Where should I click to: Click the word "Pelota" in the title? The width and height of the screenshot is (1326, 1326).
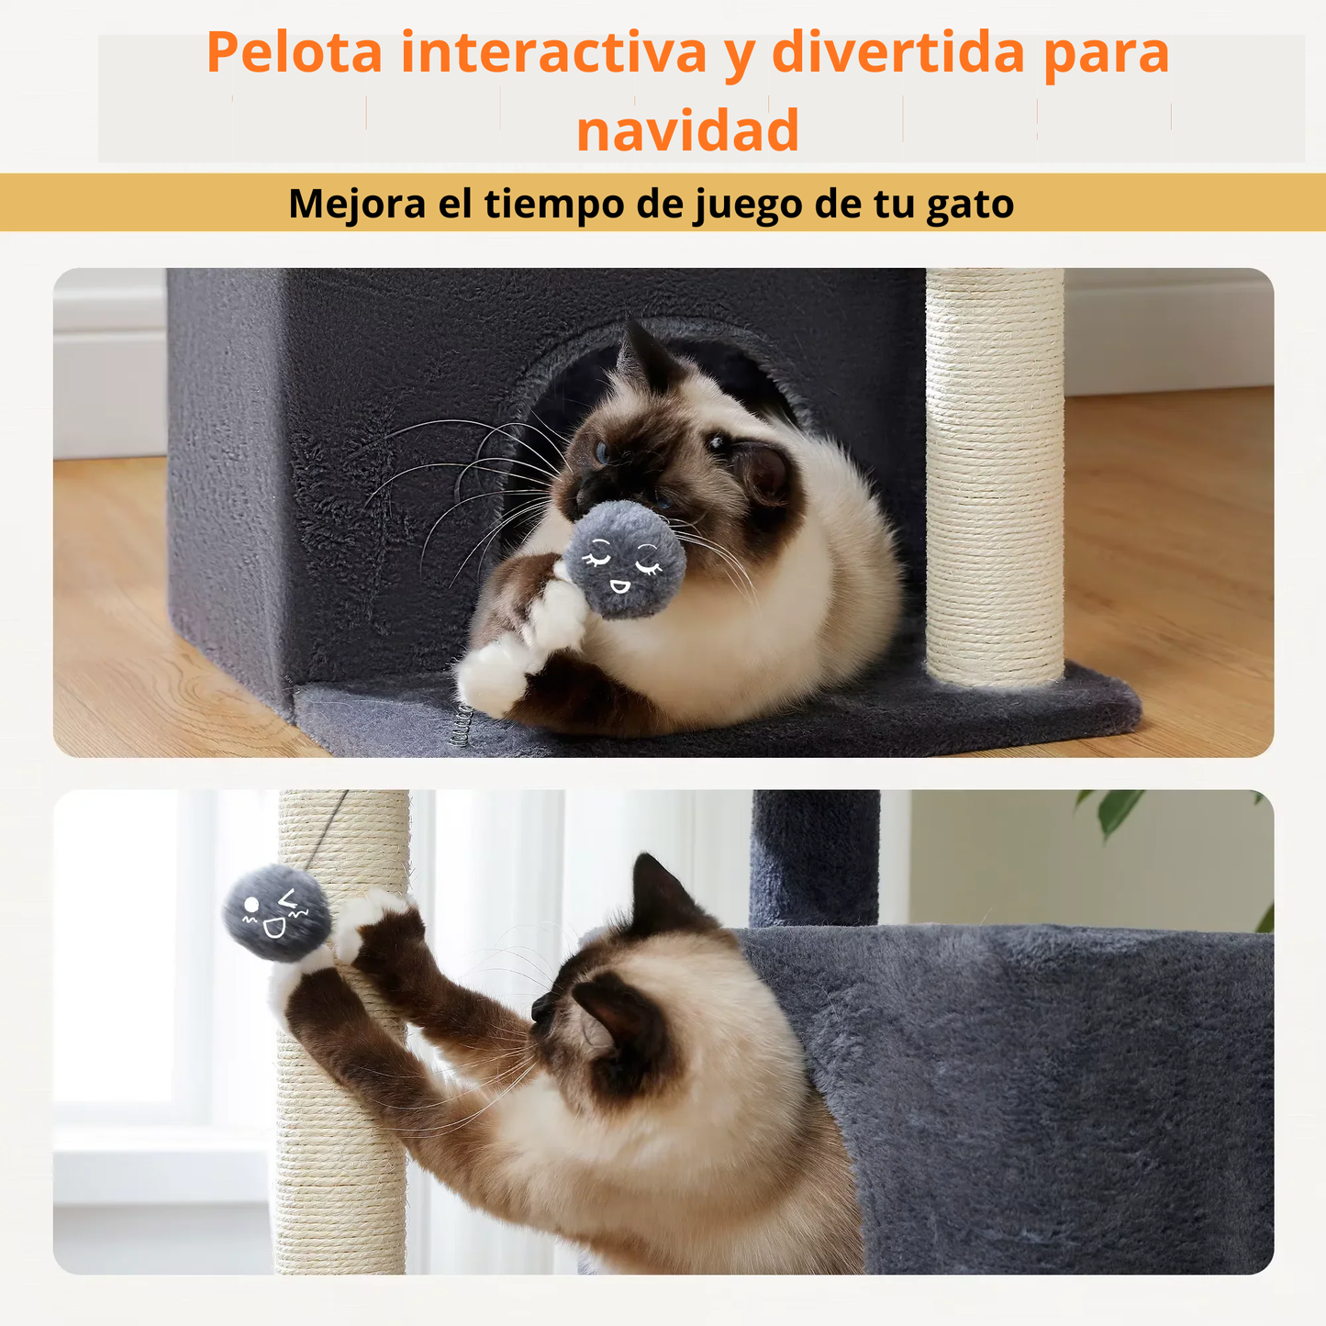294,53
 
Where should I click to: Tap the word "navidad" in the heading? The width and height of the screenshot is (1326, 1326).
687,131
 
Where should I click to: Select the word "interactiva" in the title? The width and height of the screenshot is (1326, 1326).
553,53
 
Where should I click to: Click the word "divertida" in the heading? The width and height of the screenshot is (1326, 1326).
897,53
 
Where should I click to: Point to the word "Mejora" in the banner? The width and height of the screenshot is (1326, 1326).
357,204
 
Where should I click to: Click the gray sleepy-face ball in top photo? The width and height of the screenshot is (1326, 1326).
624,560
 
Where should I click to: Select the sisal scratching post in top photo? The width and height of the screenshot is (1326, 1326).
995,477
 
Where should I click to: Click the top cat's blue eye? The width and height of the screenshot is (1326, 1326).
602,451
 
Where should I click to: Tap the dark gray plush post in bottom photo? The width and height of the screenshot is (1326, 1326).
814,858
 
